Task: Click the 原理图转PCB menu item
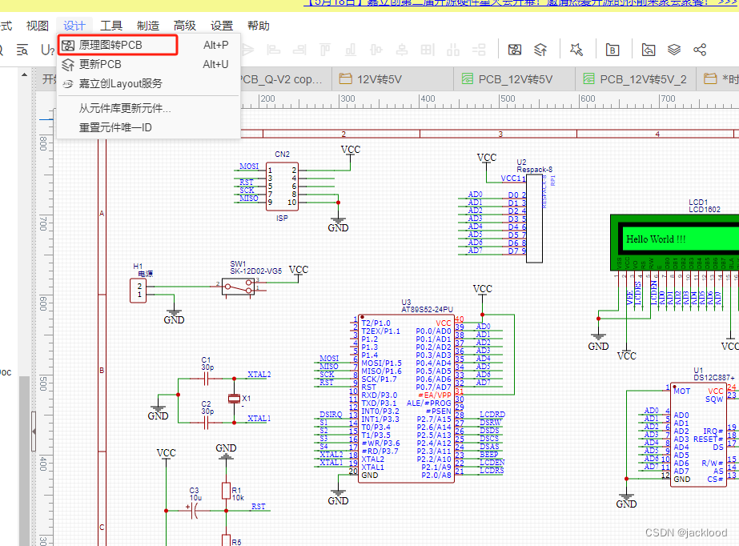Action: tap(110, 45)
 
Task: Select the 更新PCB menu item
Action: tap(100, 64)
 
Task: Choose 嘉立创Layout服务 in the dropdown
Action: tap(120, 83)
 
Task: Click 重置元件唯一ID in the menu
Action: tap(115, 127)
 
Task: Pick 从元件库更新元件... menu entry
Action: tap(125, 108)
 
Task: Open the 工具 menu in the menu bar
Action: tap(111, 26)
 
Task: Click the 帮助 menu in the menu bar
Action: tap(259, 26)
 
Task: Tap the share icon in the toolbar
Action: tap(700, 50)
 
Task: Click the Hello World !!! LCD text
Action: tap(656, 239)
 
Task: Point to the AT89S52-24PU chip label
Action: tap(427, 309)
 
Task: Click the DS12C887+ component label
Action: tap(714, 376)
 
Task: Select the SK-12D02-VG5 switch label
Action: tap(255, 271)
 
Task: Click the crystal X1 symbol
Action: tap(234, 398)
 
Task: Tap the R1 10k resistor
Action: tap(227, 491)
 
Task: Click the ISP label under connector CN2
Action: tap(282, 218)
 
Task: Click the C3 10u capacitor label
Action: tap(194, 493)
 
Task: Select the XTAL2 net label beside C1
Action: tap(259, 374)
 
